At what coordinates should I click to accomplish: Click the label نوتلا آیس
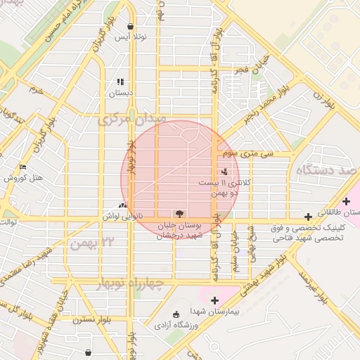point(132,36)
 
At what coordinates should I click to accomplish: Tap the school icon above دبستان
point(120,82)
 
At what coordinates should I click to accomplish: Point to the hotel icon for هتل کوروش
point(23,167)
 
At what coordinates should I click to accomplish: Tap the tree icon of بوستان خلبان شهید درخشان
point(179,213)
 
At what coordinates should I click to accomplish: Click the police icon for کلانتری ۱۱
point(224,171)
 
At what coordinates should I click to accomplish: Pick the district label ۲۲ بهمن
point(92,243)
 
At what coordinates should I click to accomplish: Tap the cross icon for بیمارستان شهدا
point(214,300)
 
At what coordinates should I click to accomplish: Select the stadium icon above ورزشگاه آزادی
point(176,314)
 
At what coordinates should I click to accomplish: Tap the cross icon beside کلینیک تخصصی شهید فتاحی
point(308,217)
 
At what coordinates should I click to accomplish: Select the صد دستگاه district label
point(326,171)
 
